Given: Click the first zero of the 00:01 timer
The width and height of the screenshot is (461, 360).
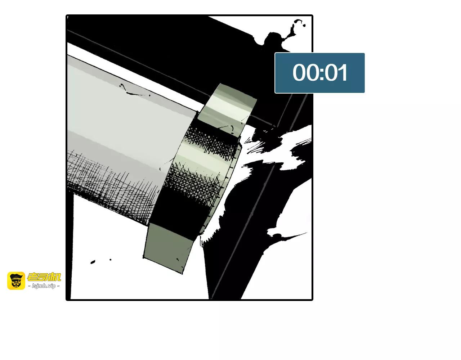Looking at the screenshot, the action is click(x=300, y=72).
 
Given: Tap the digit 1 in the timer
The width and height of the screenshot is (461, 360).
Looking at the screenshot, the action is click(x=343, y=72).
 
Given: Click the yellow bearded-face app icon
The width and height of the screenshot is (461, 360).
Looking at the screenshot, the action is click(x=16, y=281).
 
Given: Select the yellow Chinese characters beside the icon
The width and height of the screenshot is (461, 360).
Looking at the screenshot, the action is click(x=44, y=277).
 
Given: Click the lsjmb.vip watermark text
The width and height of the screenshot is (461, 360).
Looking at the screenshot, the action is click(x=44, y=286).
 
